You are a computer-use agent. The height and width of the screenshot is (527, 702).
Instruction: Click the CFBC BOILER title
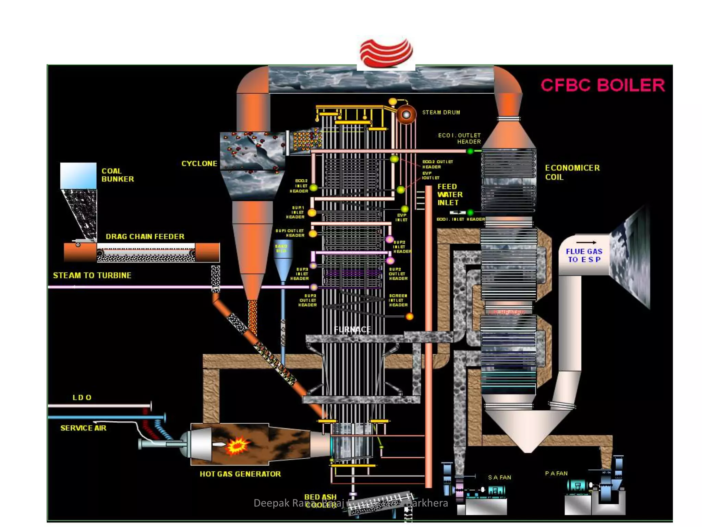[x=602, y=85]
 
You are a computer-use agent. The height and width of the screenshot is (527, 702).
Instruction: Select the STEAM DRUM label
[x=441, y=113]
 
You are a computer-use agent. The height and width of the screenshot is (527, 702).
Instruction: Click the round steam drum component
[x=406, y=115]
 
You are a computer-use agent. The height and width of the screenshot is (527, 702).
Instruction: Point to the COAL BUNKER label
[x=117, y=175]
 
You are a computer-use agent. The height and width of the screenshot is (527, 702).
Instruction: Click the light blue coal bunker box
[x=78, y=175]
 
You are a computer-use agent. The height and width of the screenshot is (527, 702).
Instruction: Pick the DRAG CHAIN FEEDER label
[x=145, y=236]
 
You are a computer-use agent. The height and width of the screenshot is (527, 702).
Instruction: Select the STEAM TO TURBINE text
[x=92, y=276]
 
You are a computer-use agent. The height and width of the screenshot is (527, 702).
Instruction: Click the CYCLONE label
[x=199, y=164]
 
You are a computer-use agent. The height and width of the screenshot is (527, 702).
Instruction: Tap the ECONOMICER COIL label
[x=572, y=172]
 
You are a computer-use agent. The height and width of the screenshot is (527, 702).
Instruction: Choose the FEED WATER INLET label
[x=449, y=195]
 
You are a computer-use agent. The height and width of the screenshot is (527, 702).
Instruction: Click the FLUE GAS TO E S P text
[x=584, y=256]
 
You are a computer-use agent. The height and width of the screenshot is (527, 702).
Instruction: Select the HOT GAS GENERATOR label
[x=240, y=474]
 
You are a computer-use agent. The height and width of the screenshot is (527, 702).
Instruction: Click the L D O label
[x=82, y=398]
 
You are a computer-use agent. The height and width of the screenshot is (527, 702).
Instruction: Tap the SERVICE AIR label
[x=83, y=428]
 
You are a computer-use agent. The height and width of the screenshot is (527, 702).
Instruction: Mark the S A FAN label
[x=499, y=477]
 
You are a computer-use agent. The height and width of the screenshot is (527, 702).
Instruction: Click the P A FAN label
[x=556, y=473]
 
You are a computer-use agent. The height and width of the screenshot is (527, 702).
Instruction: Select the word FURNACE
[x=352, y=330]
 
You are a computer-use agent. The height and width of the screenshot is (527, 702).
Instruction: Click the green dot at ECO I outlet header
[x=470, y=151]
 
